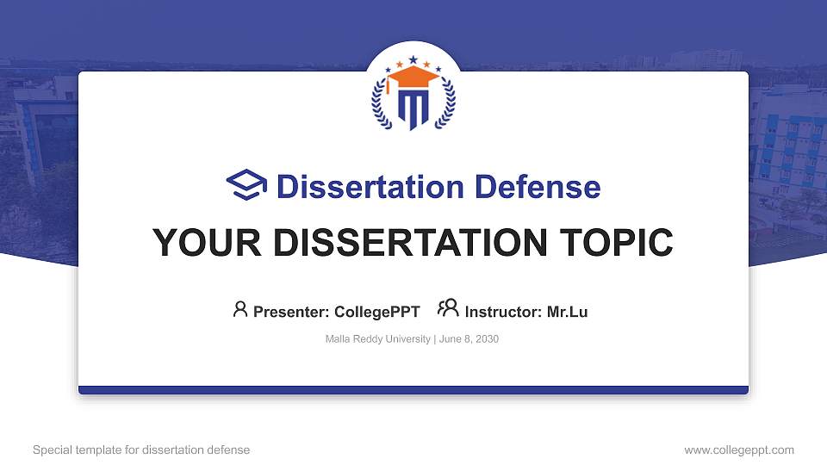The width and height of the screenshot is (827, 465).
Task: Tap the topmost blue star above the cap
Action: click(413, 59)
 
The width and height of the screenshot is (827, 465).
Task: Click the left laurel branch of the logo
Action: click(380, 105)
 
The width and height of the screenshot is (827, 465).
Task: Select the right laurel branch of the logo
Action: click(447, 105)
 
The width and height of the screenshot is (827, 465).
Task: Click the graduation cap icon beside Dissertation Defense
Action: click(247, 185)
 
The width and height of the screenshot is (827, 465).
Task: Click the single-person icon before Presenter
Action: click(240, 309)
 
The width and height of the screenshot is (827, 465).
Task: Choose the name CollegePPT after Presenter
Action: click(376, 312)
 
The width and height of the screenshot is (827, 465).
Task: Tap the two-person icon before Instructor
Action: click(448, 309)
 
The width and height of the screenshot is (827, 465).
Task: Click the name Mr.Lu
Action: click(567, 312)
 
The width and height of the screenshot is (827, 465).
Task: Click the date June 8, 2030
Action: click(469, 339)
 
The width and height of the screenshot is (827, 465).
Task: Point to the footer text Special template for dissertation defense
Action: click(141, 449)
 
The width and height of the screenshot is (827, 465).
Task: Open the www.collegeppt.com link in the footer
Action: click(739, 449)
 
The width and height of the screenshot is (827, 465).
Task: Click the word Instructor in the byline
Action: click(503, 312)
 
